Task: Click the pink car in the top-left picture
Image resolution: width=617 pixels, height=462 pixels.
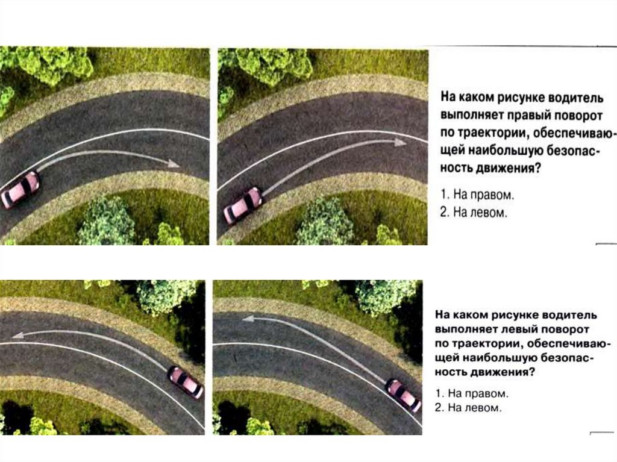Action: pos(20,189)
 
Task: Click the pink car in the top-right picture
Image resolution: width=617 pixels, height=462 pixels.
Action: pos(243,205)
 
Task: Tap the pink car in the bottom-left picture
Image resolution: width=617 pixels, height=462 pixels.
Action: pos(186,382)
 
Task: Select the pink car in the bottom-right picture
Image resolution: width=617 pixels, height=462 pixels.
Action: pos(403,395)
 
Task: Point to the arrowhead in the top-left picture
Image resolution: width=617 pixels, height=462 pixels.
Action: pos(173,163)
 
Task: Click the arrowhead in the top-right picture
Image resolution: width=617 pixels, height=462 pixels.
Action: pos(400,142)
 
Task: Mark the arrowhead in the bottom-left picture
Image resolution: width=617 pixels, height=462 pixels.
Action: pos(18,335)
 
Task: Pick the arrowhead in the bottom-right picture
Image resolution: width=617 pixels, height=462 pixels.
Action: pos(249,319)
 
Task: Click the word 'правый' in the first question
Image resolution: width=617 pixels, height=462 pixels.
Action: pos(529,116)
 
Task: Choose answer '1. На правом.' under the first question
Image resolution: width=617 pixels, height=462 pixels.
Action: pos(477,195)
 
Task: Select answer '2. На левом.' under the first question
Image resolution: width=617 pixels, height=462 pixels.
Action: pos(474,213)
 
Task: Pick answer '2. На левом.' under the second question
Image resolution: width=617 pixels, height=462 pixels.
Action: pos(469,408)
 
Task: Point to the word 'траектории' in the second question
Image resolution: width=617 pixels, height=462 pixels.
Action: pos(486,343)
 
